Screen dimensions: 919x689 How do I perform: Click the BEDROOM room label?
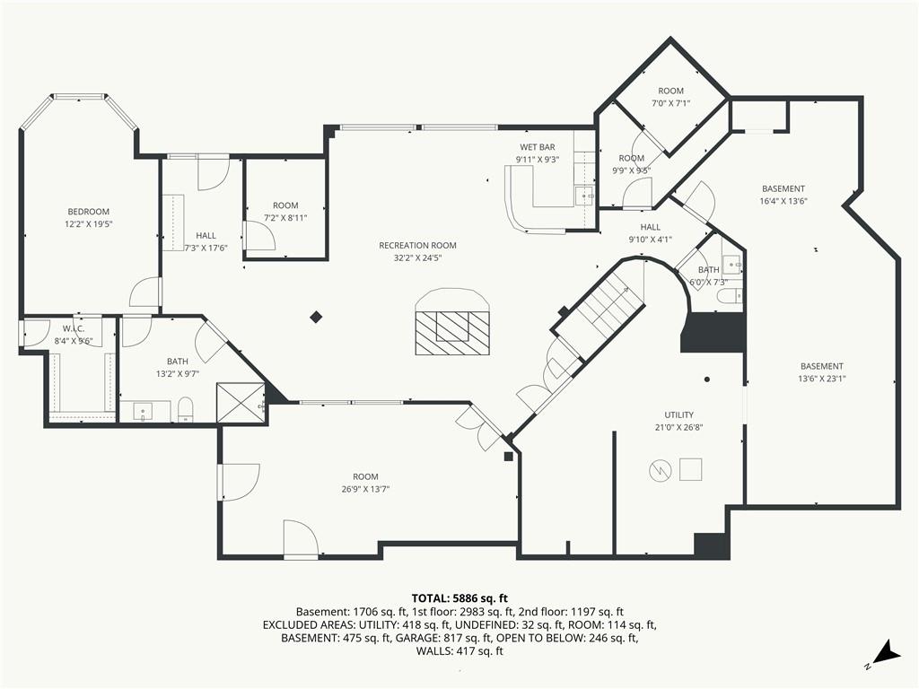pos(89,212)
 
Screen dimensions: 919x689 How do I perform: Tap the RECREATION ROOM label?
pos(417,246)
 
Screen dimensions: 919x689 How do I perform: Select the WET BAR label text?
pos(538,147)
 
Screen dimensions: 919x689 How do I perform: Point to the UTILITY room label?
pos(678,414)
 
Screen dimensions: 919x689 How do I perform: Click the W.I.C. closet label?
pos(74,328)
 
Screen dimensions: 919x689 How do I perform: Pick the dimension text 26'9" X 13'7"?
pos(366,489)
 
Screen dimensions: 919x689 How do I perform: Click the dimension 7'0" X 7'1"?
pos(671,103)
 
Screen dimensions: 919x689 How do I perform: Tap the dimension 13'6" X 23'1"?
pos(822,379)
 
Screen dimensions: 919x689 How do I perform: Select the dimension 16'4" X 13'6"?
pos(783,201)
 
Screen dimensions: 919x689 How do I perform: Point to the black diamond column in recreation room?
pos(317,317)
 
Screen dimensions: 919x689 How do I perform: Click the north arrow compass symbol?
pos(887,654)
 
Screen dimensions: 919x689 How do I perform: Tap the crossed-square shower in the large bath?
pos(241,402)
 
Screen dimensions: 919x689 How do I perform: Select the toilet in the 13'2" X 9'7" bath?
pos(185,409)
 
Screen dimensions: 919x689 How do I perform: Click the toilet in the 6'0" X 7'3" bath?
pos(731,295)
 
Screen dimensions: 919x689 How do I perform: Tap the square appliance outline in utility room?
pos(690,469)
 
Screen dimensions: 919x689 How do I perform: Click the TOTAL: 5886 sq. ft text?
pos(459,598)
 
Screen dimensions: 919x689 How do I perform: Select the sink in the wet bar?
pos(583,196)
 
